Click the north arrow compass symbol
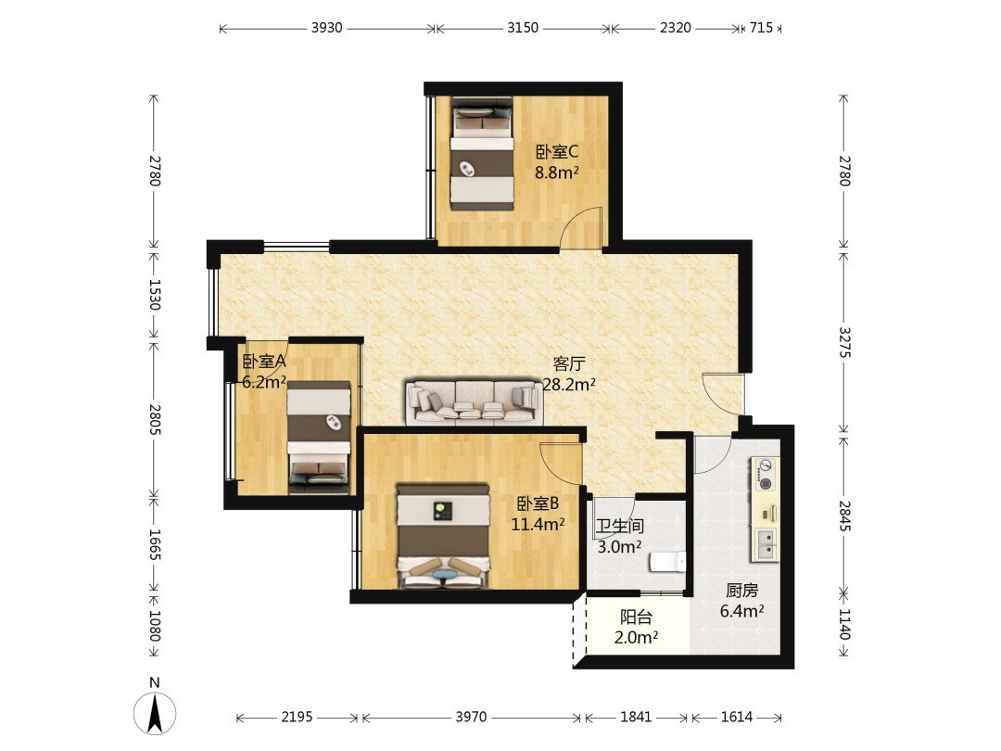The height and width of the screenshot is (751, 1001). pos(155,712)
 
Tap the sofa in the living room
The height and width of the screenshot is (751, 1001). pos(474,402)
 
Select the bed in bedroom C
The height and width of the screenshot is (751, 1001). pos(482,153)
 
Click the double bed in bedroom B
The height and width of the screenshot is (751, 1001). pos(444,537)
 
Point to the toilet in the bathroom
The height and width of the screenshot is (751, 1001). pos(667,561)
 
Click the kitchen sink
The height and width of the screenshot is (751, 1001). pos(765,543)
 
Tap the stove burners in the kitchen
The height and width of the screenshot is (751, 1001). pos(766,474)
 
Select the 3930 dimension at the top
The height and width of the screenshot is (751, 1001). pos(327,28)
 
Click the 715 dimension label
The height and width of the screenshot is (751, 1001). pos(761,28)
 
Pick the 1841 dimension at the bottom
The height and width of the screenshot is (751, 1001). pos(636,717)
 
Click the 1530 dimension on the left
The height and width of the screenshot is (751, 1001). pos(154,294)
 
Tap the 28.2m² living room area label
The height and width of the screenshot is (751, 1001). pos(569,385)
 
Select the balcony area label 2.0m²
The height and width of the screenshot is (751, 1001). pos(636,637)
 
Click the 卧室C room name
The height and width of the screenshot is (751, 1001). pos(557,152)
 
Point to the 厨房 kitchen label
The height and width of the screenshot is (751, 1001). pos(741,591)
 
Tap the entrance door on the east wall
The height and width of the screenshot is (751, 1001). pos(723,394)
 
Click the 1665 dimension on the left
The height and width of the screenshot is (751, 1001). pos(154,545)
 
